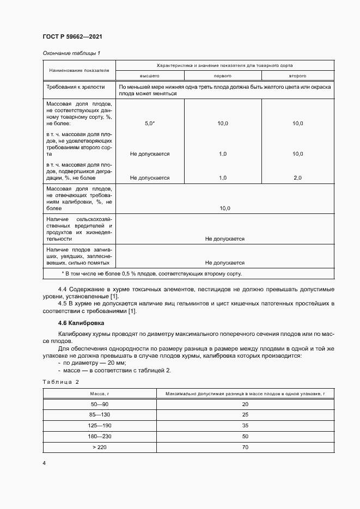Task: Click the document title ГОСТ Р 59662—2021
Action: point(72,36)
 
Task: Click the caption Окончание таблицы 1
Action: point(71,53)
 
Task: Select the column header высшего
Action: point(150,76)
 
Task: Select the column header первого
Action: point(223,76)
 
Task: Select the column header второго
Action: point(297,76)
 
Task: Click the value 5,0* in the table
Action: point(150,124)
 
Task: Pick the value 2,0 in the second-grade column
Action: point(297,177)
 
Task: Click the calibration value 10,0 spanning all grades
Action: point(224,208)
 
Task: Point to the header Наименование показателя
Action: point(79,70)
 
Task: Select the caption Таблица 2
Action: point(61,382)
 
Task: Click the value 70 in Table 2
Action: point(245,446)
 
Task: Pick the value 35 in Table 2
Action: point(245,425)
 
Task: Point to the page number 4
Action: point(44,463)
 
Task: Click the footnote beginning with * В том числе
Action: point(152,273)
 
